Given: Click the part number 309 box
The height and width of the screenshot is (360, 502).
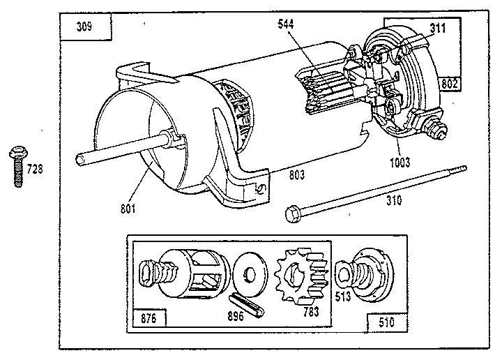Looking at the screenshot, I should [x=86, y=29].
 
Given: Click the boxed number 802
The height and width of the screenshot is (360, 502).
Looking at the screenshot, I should [x=450, y=84].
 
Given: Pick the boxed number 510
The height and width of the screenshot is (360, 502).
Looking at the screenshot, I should [x=386, y=323].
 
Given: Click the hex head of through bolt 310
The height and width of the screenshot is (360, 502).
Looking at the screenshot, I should [x=293, y=212].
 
